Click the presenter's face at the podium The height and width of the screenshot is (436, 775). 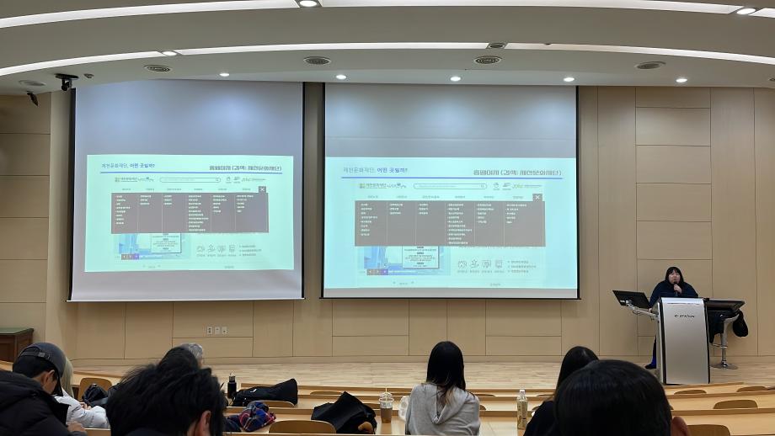point(674,277)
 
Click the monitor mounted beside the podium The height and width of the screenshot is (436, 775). point(630,298)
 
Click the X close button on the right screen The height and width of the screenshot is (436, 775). point(537,197)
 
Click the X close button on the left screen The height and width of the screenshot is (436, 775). point(262,189)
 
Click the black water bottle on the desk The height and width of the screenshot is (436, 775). point(232,386)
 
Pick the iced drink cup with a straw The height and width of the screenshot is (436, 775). point(386,406)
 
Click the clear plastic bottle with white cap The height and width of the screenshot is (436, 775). point(521,408)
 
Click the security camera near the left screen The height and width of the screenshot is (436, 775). point(66,81)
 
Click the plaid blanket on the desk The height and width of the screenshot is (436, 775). point(253,415)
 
